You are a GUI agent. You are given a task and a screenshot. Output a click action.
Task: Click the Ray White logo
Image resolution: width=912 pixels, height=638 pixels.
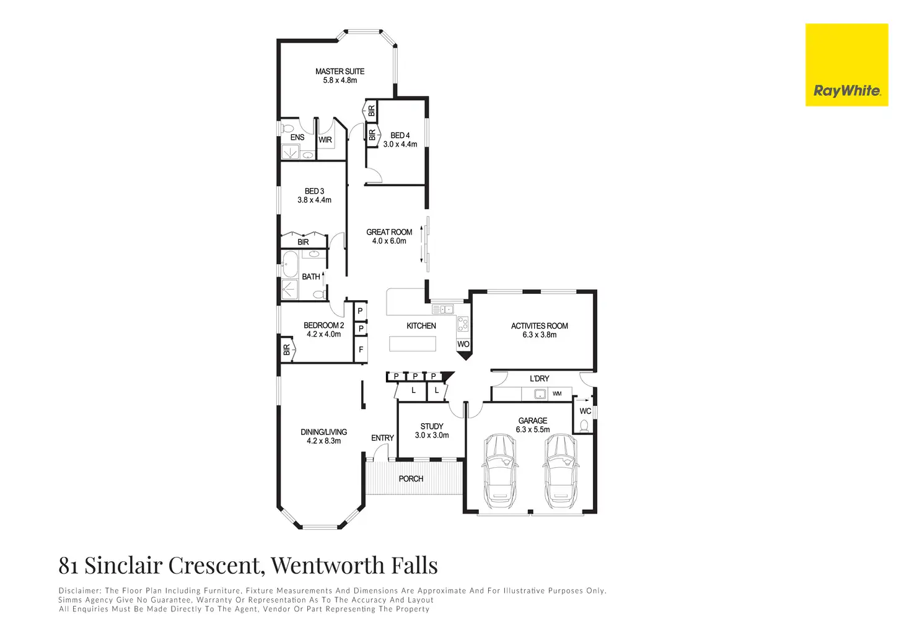[846, 65]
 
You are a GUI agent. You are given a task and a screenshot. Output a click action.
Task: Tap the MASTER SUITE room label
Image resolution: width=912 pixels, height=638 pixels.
[340, 71]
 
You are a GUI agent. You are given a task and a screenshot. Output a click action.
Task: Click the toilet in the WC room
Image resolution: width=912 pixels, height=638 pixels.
[584, 425]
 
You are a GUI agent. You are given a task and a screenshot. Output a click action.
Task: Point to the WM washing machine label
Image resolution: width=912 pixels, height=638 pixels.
[557, 394]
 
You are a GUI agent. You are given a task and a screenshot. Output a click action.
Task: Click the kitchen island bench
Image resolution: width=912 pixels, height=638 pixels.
[413, 343]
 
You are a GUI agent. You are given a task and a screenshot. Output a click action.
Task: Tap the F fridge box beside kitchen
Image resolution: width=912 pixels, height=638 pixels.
[361, 350]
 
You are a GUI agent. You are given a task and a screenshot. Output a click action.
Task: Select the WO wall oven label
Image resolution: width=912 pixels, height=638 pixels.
[463, 344]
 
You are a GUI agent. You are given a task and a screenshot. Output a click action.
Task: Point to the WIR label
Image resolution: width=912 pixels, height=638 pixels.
[325, 140]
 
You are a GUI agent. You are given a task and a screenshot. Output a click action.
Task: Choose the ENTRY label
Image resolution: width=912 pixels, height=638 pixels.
[382, 438]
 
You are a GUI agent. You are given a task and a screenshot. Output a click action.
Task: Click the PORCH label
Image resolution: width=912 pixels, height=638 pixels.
[411, 478]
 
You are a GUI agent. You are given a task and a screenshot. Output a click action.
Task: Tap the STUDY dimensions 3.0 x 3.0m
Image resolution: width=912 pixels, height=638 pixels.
[432, 435]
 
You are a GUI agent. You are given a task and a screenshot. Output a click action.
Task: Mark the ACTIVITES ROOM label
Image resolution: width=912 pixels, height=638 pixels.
[539, 325]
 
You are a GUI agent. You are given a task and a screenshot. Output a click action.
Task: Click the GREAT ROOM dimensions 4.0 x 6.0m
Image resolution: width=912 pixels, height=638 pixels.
[389, 241]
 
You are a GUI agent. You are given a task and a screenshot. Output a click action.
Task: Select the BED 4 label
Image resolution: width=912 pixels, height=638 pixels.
[400, 136]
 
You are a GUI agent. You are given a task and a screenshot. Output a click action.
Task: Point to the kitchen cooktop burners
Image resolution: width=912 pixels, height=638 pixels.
[462, 324]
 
